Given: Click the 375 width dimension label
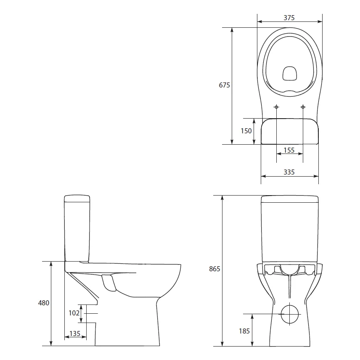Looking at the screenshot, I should pos(289,18).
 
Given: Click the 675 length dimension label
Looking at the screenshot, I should pos(224,85).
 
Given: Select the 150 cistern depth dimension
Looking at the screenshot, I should pos(246,131).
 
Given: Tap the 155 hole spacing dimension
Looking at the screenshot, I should pos(289,150).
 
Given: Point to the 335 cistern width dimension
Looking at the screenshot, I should pos(289,172).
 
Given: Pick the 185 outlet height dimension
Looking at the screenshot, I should pos(244,331).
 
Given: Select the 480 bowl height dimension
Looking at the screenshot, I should pos(44,303).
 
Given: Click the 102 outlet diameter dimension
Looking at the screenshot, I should pos(74,312).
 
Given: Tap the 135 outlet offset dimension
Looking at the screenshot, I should pos(75,334).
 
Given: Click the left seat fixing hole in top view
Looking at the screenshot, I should pos(276,107).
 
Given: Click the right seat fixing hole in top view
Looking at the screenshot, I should pos(303,107).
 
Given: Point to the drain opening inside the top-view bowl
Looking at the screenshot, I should pos(289,73).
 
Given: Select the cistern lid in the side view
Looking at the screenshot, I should pos(77,198).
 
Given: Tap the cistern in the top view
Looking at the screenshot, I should pos(289,131).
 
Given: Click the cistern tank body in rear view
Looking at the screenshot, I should pos(289,231).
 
